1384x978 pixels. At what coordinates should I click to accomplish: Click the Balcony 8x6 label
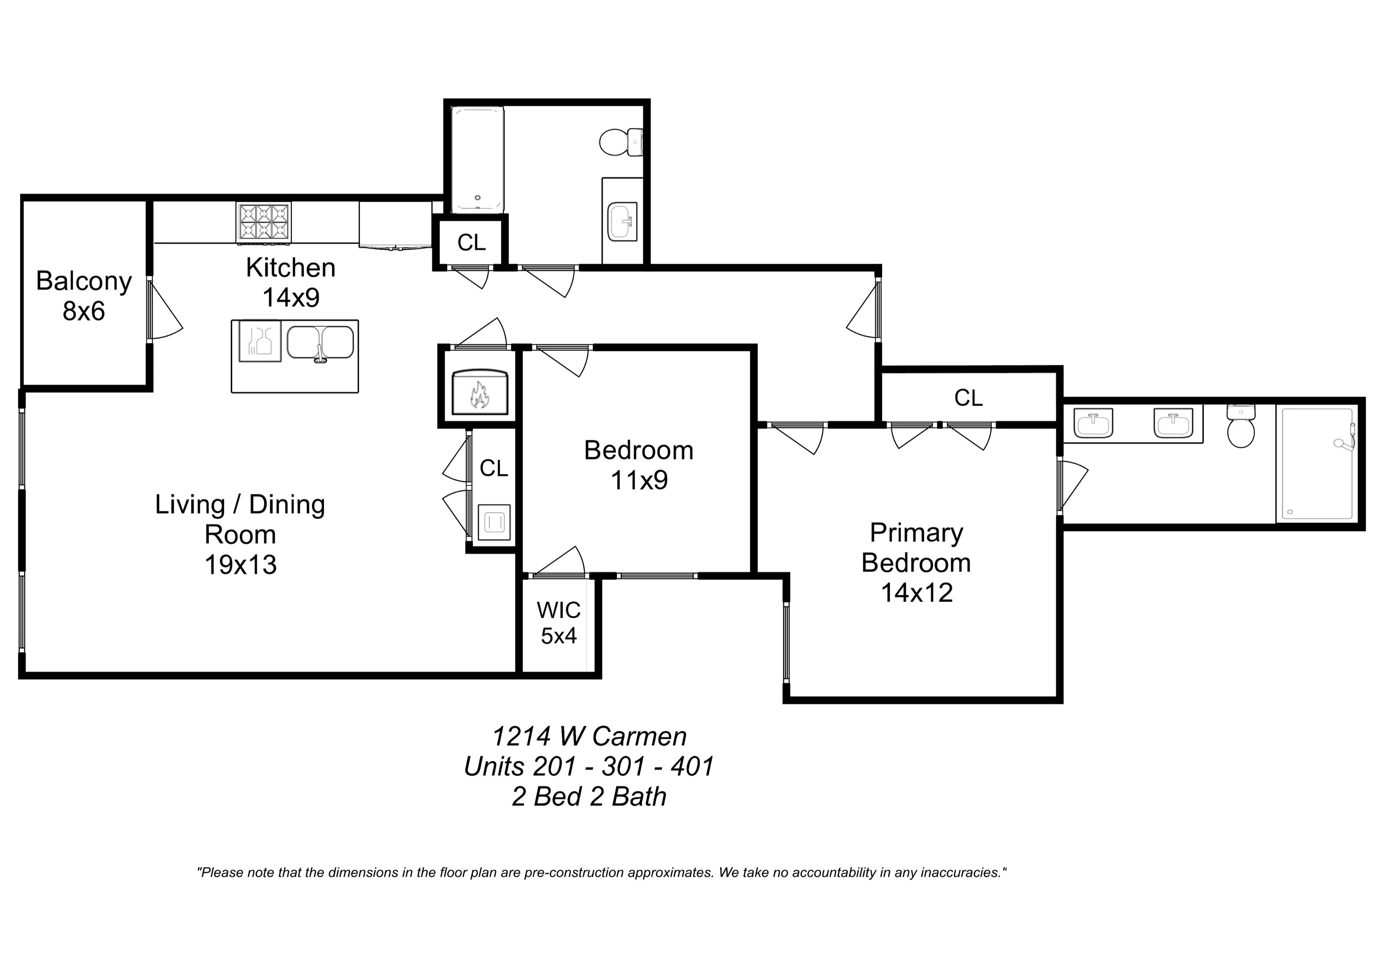[x=84, y=296]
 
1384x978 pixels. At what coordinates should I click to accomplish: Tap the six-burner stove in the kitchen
[x=263, y=222]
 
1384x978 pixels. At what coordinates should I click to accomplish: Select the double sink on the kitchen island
[x=320, y=344]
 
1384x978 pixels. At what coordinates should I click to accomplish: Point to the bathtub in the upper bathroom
[x=478, y=160]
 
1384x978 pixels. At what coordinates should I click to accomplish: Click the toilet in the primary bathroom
[x=1241, y=426]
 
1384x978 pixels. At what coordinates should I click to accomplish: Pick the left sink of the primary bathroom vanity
[x=1093, y=424]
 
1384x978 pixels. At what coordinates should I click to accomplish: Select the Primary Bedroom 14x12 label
[x=916, y=562]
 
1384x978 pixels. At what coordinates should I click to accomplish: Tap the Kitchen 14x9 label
[x=290, y=282]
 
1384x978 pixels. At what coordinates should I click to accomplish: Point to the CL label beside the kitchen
[x=471, y=242]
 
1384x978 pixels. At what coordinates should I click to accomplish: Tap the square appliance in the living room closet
[x=494, y=522]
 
